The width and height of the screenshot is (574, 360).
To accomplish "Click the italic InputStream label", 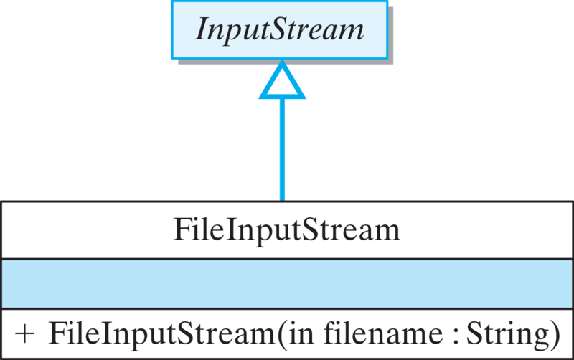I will (281, 30).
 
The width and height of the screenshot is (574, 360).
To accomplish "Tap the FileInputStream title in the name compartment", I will (286, 230).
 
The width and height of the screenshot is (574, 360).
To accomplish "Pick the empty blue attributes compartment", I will (287, 284).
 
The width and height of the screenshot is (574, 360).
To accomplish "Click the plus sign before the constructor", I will (24, 334).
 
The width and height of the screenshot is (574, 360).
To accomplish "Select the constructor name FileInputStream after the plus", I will (163, 334).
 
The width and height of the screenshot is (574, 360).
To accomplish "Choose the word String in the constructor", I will (506, 334).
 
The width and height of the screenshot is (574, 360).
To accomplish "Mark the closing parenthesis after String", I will (553, 335).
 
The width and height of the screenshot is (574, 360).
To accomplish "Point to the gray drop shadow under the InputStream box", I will (287, 63).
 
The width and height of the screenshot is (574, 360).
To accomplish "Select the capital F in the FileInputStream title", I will (182, 230).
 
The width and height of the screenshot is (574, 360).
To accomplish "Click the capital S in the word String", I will (474, 333).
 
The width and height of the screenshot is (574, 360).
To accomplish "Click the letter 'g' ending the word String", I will (537, 336).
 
